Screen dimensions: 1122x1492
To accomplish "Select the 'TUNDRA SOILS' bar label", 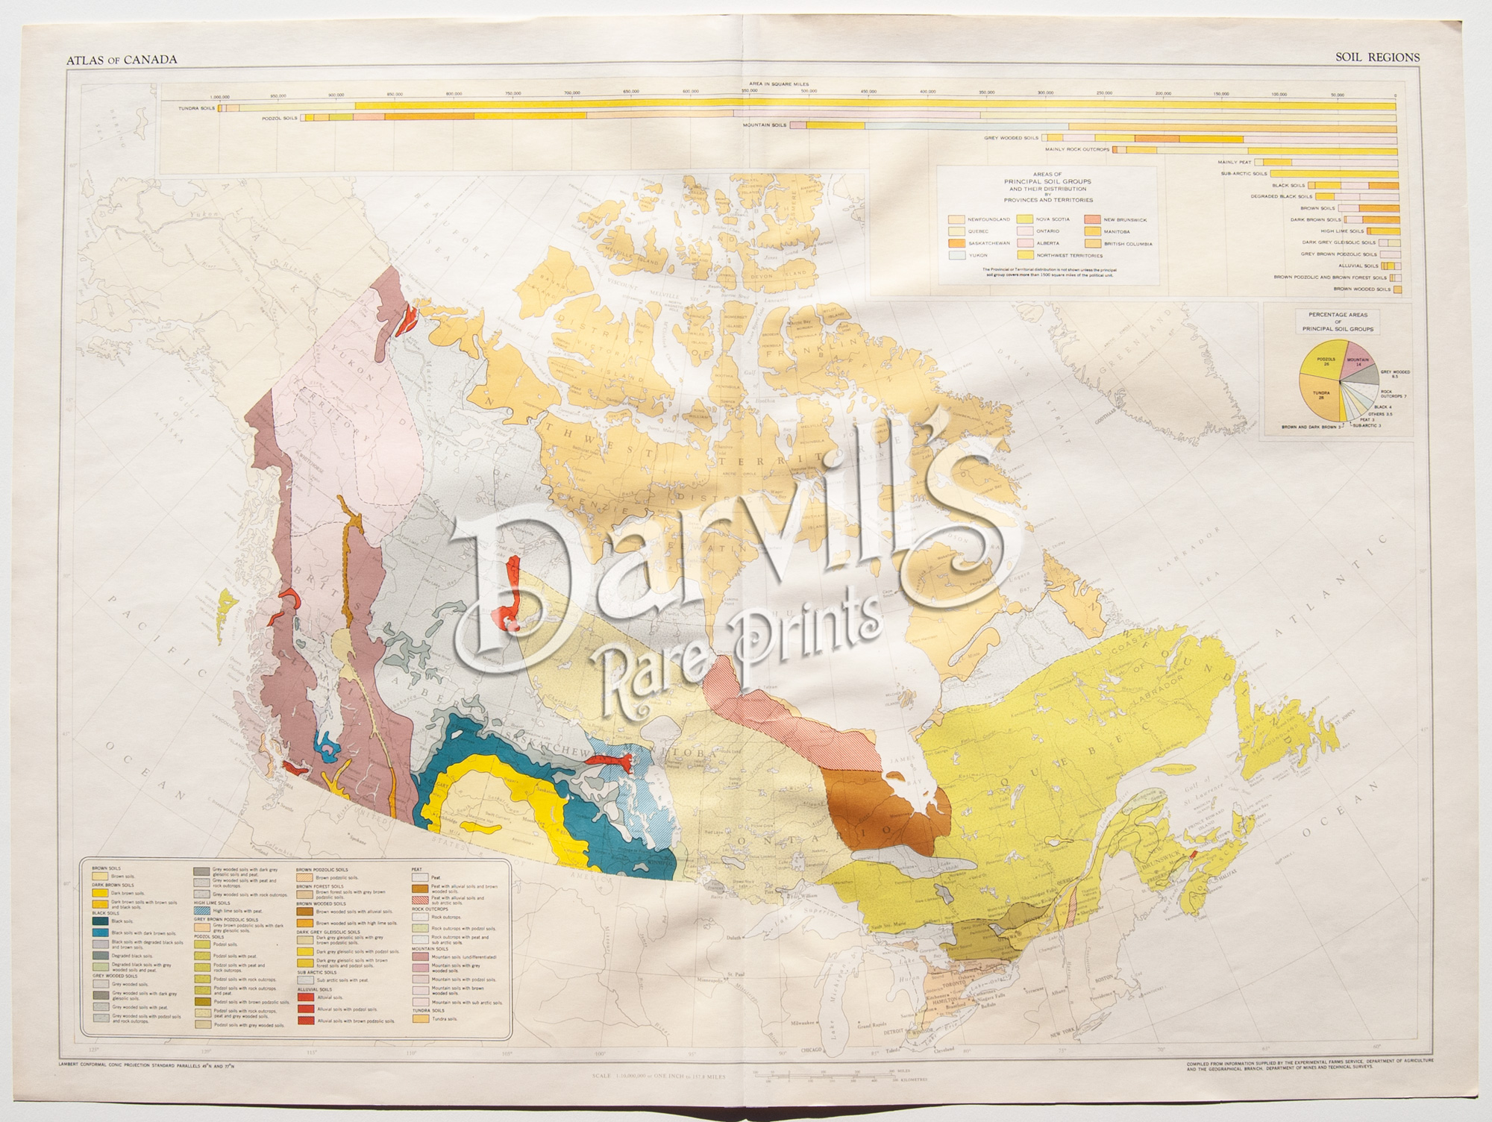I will pos(196,108).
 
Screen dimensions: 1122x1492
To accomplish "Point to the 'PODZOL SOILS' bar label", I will pos(279,118).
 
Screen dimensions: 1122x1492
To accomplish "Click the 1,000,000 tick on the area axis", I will pos(220,95).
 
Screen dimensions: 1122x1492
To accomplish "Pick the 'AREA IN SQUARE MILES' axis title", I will pos(779,85).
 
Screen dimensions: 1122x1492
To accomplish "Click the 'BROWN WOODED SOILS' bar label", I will pos(1361,289).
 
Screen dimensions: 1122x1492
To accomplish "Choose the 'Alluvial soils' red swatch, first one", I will pos(306,997).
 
